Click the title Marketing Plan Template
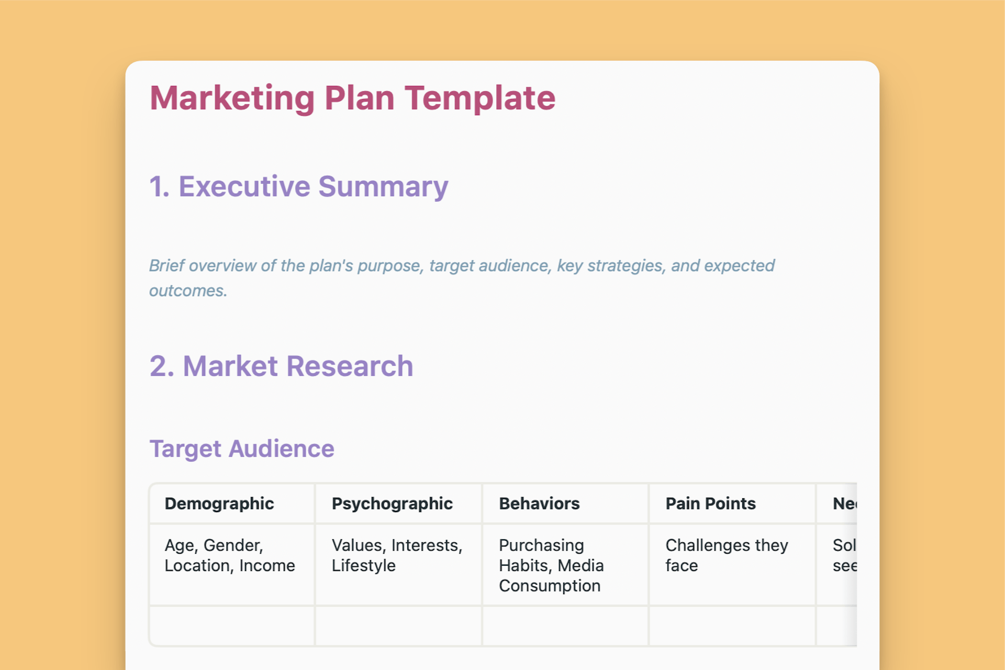(352, 98)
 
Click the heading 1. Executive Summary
(298, 187)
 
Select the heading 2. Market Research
(281, 366)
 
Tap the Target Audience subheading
(242, 449)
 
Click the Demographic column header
(219, 504)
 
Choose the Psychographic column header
(392, 504)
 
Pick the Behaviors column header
(539, 504)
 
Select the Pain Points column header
(710, 504)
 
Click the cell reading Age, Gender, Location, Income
(230, 555)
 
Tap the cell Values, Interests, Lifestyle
(397, 555)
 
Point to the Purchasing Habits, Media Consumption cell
(551, 565)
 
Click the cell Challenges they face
(727, 555)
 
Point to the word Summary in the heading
(383, 187)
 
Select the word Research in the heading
(350, 366)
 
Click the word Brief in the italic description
(166, 266)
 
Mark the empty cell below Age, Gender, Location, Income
(232, 626)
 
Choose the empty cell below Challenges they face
(732, 626)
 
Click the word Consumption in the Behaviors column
(550, 586)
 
